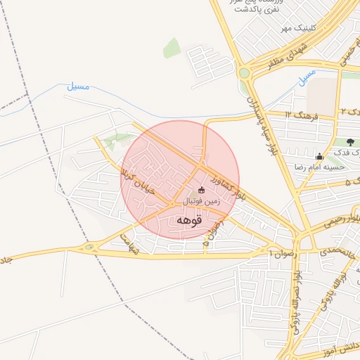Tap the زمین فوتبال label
point(202,201)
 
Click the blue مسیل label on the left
point(78,87)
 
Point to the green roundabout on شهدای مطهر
point(244,72)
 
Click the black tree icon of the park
point(350,143)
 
